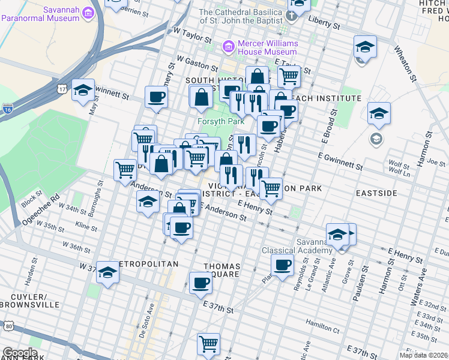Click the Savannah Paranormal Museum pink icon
pos(88,13)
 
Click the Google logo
pos(20,353)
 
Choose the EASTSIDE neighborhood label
pos(376,193)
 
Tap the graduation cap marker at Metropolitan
pos(108,272)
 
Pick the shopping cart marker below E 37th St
pos(208,343)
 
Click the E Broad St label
pos(328,126)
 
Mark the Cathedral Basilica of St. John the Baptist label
pos(241,16)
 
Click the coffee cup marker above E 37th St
pos(200,282)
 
